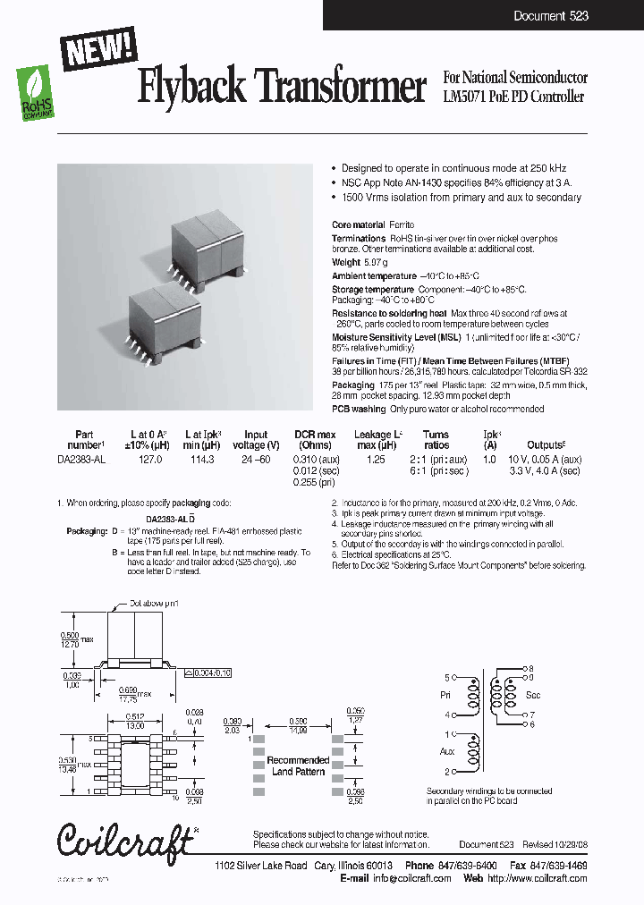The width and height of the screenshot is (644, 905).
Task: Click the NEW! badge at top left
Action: point(97,49)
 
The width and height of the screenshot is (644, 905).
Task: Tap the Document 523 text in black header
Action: point(551,16)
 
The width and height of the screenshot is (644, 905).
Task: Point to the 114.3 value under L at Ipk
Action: point(203,459)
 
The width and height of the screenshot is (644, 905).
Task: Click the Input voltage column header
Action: point(256,440)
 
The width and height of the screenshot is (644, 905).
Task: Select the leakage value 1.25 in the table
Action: point(377,459)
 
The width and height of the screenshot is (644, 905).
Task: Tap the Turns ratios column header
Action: point(436,440)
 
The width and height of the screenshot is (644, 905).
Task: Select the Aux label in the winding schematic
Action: point(448,751)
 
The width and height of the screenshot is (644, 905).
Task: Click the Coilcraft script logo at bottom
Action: point(125,841)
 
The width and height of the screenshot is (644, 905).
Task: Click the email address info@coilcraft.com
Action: point(413,878)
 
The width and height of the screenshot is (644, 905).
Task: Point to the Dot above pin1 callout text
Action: point(155,604)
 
